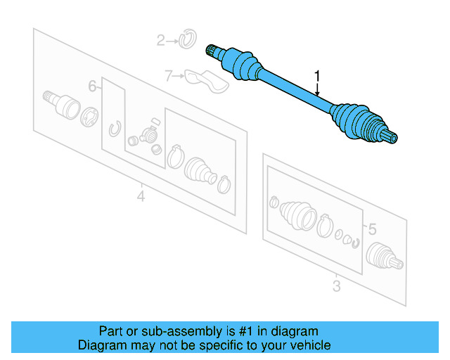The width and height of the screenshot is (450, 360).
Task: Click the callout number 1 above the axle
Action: [317, 75]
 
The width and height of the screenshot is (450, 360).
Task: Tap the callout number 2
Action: [160, 41]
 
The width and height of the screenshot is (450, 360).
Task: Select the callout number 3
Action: [336, 286]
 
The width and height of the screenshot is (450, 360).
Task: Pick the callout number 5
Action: [372, 229]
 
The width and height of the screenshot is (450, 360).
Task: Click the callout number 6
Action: [92, 86]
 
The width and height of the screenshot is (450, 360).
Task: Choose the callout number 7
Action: [168, 75]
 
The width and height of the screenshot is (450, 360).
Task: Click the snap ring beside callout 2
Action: [186, 39]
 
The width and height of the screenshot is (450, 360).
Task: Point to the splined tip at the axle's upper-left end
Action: [210, 49]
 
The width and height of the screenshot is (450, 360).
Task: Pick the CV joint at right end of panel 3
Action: [385, 256]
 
